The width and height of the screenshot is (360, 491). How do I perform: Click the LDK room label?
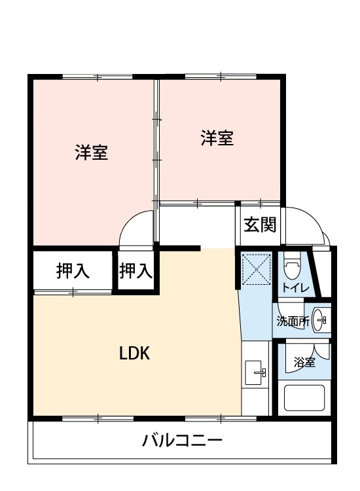pos(135,354)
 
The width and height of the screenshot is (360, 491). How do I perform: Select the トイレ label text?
pos(295,287)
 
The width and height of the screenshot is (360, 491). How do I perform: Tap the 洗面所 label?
pos(293,321)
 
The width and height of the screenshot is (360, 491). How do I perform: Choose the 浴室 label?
pos(304,362)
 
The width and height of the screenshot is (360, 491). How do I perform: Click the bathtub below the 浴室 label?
pos(304,397)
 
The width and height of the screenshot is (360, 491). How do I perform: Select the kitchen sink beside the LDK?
pos(255,373)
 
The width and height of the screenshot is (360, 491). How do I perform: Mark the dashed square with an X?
pos(257,269)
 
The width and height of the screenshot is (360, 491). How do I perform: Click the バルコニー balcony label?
pos(182,441)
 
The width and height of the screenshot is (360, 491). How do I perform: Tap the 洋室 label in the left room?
pos(92,153)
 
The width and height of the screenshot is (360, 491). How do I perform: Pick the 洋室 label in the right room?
pos(217,138)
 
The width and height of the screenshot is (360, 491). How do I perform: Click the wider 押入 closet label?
pos(73,271)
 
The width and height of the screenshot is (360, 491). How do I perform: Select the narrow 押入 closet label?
pos(135,271)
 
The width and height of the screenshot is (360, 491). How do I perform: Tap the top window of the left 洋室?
pos(98,77)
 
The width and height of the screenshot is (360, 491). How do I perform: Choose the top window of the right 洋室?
pos(221,77)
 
